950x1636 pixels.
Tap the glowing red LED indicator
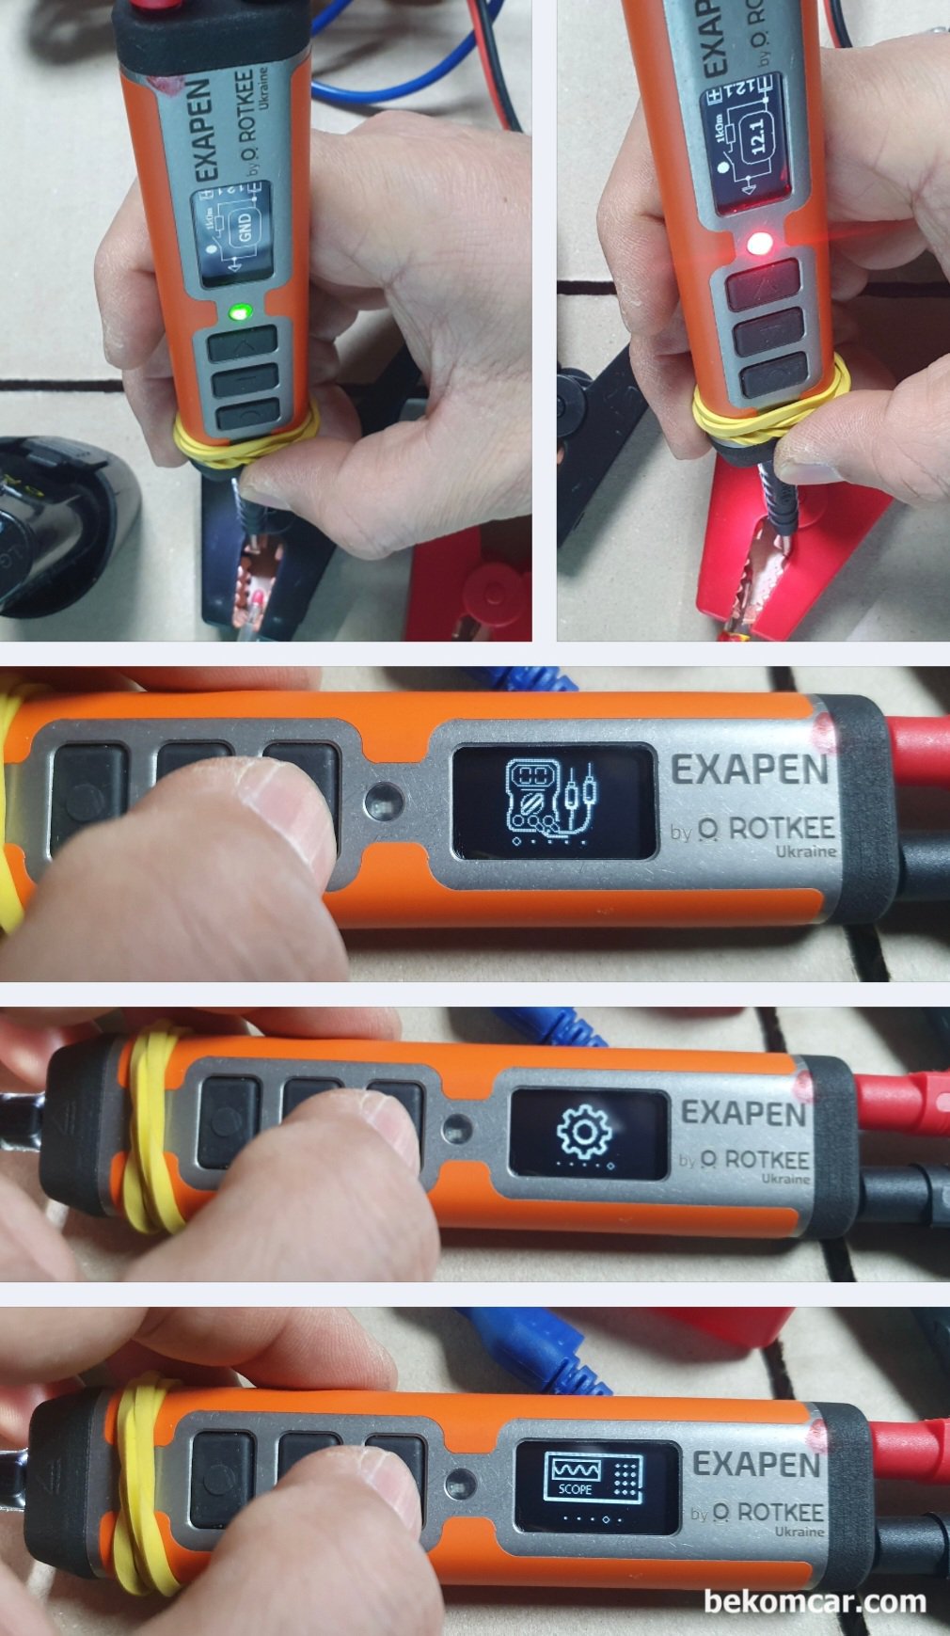(x=759, y=246)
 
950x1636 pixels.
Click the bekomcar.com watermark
(x=815, y=1601)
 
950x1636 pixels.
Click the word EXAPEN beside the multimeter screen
(x=750, y=771)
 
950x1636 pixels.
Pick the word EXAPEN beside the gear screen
(x=743, y=1114)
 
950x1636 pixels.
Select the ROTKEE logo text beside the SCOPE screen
(x=768, y=1512)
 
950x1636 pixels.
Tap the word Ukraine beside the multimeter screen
(x=806, y=850)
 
